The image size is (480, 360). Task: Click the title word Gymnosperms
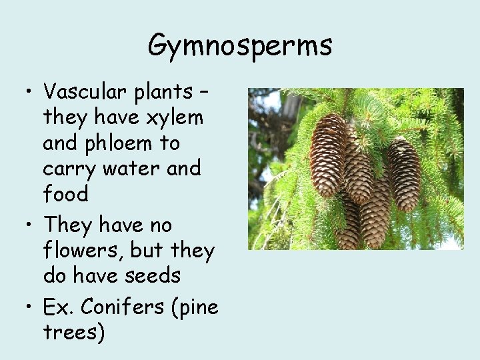[x=240, y=46]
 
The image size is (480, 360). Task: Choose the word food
[x=65, y=194]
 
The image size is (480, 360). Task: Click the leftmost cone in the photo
[x=329, y=155]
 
